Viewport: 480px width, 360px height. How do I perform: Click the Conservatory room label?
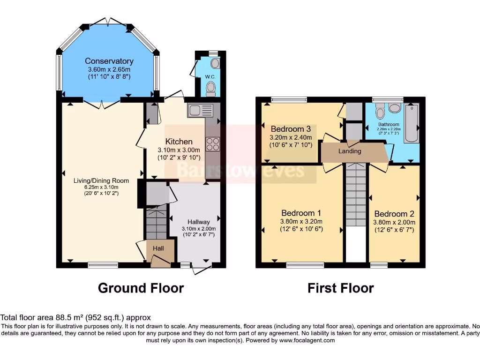coord(109,61)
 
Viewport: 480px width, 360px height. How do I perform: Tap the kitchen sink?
coord(200,111)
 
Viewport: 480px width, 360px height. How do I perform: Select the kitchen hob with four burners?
coord(212,144)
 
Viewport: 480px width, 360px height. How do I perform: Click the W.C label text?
coord(210,77)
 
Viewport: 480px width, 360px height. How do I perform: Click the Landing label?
coord(350,151)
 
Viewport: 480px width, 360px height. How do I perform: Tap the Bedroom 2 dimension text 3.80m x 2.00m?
coord(394,223)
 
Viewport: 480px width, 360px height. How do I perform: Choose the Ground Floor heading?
coord(141,287)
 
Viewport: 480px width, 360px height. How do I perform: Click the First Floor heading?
coord(340,287)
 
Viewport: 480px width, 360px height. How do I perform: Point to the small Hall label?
coord(158,248)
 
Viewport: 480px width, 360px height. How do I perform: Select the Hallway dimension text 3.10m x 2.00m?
coord(199,229)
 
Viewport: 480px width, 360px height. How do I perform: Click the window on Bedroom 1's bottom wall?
coord(305,265)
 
